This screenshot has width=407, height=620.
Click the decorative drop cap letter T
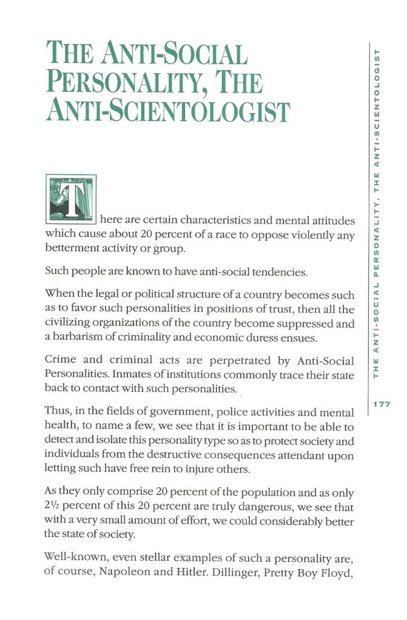tap(71, 199)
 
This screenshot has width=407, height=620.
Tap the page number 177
tap(380, 404)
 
